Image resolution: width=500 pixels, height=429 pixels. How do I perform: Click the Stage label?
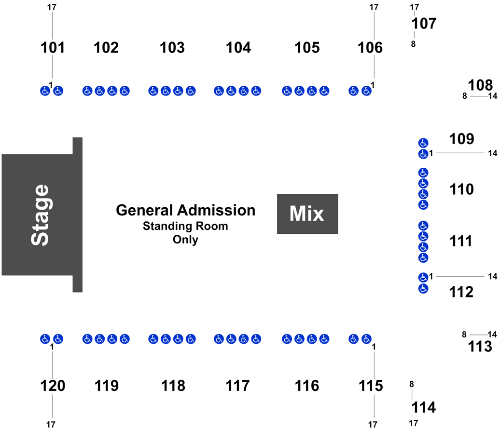coord(40,215)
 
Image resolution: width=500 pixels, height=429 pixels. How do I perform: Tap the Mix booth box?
coord(307,214)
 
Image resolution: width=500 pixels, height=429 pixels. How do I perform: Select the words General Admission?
coord(186,210)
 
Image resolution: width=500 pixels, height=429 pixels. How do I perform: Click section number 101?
coord(53,48)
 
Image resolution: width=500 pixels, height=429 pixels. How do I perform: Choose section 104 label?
coord(238,48)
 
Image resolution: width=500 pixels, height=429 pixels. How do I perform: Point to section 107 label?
coord(424,24)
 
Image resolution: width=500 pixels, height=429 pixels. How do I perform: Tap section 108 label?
coord(480,85)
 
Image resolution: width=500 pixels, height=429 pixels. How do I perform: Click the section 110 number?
coord(461,189)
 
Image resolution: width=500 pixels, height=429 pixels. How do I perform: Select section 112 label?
coord(461,292)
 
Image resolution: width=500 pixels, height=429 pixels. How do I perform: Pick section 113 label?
coord(480,347)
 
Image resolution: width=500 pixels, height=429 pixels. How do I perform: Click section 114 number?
coord(423,407)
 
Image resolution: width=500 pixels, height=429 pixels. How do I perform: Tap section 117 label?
coord(237,386)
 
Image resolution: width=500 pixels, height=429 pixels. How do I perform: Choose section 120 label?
coord(53,386)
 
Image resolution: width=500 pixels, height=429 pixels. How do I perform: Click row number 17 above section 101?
coord(52,7)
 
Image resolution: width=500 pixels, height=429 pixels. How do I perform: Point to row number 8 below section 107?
coord(413,44)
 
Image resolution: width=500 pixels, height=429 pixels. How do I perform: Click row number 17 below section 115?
coord(373,425)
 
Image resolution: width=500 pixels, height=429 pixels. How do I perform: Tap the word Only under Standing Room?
coord(185,240)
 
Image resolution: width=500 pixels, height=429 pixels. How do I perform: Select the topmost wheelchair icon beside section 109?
coord(423,143)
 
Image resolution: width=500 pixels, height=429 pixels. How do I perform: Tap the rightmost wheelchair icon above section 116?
coord(324,339)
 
